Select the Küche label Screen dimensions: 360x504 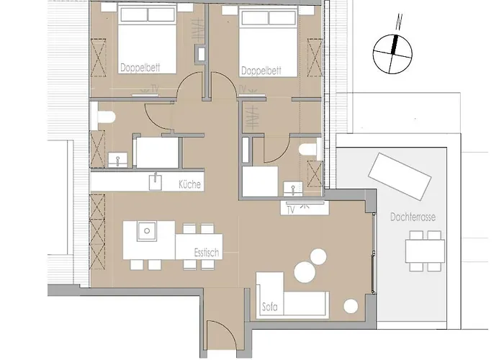pyautogui.click(x=190, y=184)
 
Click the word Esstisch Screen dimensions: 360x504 pyautogui.click(x=206, y=253)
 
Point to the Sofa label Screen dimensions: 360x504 pyautogui.click(x=271, y=310)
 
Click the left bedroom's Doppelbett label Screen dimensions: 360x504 pyautogui.click(x=140, y=70)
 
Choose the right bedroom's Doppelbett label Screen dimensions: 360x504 pyautogui.click(x=261, y=71)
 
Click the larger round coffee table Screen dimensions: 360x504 pyautogui.click(x=318, y=256)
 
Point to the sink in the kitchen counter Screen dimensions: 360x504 pyautogui.click(x=154, y=181)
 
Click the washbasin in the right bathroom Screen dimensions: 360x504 pyautogui.click(x=293, y=189)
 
